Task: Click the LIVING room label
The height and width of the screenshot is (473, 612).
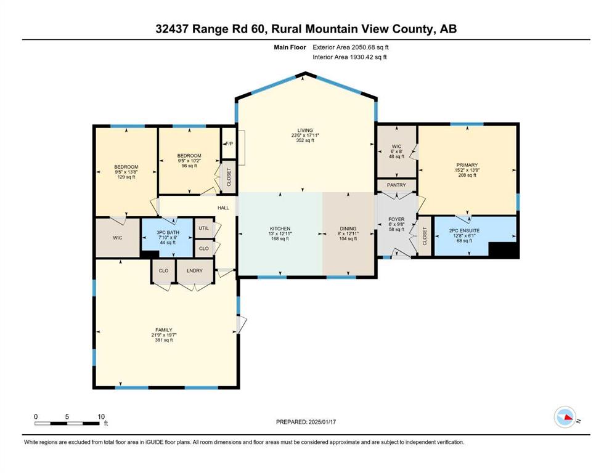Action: coord(305,130)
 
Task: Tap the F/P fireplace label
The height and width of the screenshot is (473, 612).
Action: coord(229,144)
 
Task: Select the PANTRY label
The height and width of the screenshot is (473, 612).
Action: coord(396,185)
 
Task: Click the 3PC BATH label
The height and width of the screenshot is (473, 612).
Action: coord(168,232)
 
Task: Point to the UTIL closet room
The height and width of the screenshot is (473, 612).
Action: coord(204,228)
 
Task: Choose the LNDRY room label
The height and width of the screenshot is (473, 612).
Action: coord(195,270)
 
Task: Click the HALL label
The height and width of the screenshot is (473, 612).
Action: coord(223,208)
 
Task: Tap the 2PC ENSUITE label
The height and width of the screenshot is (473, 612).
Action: coord(465,230)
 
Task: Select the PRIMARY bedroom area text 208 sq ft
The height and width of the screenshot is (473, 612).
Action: coord(467,175)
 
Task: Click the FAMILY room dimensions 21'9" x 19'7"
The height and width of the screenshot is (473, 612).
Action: coord(164,335)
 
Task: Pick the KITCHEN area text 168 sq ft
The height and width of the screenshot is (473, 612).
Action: coord(280,238)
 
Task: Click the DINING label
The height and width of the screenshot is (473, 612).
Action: coord(348,228)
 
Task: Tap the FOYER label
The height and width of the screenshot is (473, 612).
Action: coord(396,219)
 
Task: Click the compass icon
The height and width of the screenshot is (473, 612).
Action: coord(565,417)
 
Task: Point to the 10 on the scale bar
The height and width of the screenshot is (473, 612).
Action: coord(101,416)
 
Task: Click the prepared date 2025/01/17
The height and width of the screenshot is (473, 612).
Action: coord(322,421)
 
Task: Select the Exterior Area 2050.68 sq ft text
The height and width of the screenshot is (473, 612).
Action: coord(351,47)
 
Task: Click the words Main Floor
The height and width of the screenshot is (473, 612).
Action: coord(290,47)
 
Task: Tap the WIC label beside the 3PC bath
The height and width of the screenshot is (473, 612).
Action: coord(118,238)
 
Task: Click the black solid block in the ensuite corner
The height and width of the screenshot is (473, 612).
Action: coord(504,250)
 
